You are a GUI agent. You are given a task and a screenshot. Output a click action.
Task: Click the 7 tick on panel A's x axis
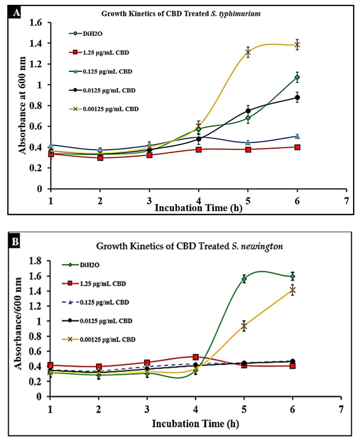click(x=346, y=202)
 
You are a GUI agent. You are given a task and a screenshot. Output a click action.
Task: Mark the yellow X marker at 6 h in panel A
click(x=297, y=45)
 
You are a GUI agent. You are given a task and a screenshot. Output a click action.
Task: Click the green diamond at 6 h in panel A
click(x=297, y=77)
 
